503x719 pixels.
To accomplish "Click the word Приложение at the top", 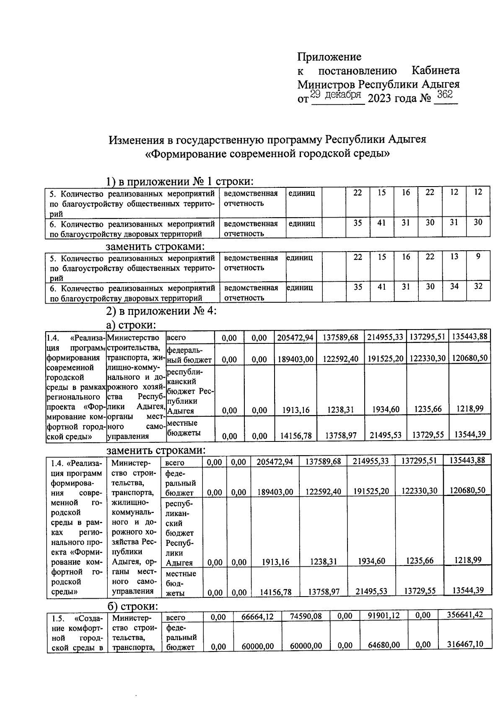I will coord(329,57).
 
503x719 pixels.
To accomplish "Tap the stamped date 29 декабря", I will coord(337,95).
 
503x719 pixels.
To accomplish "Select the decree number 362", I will coord(444,95).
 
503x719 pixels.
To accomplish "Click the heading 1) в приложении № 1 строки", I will coord(180,182).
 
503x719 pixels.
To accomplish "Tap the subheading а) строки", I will coord(131,325).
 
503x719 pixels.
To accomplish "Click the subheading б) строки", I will coord(132,607).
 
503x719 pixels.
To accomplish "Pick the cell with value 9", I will coord(478,256).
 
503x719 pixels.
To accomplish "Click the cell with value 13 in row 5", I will coord(454,256).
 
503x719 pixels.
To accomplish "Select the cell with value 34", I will coord(454,286).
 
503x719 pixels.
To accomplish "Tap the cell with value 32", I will coord(478,286).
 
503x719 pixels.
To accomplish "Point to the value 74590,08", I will coord(306,617).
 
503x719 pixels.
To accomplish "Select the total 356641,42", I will coord(464,615).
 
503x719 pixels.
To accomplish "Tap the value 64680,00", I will coord(384,645).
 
